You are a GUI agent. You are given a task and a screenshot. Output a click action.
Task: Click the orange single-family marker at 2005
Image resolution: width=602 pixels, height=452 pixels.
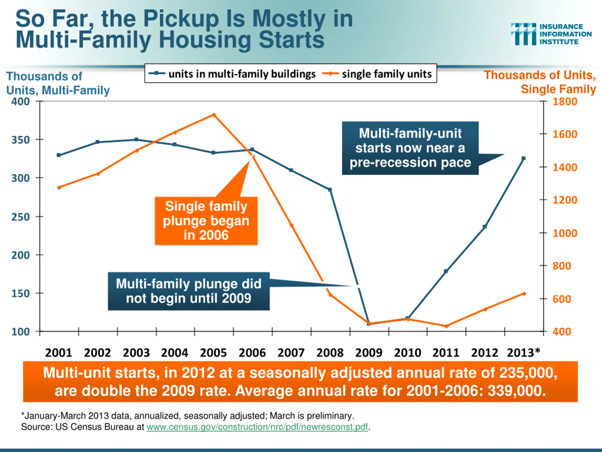click(x=214, y=115)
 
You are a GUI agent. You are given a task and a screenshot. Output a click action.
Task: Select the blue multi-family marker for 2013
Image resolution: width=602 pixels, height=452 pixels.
click(x=523, y=158)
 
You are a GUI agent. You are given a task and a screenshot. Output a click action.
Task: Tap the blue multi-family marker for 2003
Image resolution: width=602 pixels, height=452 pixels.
click(x=137, y=140)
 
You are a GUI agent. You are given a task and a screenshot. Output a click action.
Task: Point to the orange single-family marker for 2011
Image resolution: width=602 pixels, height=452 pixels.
click(x=446, y=326)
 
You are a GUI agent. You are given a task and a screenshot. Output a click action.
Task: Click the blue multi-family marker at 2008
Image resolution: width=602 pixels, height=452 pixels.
click(x=330, y=190)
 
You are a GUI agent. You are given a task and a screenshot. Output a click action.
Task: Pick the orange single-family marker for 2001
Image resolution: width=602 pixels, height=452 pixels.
click(x=59, y=187)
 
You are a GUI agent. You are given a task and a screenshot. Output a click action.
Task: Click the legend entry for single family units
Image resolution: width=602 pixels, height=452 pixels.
click(x=377, y=74)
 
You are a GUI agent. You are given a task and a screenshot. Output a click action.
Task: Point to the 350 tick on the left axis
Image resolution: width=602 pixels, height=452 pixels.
click(x=20, y=140)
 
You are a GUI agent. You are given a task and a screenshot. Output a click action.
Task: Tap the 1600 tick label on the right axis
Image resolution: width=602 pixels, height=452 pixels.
click(x=565, y=134)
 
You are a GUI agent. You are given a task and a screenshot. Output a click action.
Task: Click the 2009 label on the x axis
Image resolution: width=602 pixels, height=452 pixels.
click(x=368, y=353)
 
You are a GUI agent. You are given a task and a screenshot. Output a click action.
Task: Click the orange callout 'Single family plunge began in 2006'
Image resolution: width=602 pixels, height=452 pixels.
click(x=206, y=221)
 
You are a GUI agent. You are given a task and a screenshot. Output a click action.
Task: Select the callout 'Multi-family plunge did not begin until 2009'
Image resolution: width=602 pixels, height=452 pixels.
click(x=189, y=291)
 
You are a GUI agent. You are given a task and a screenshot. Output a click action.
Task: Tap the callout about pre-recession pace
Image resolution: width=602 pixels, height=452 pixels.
click(x=410, y=148)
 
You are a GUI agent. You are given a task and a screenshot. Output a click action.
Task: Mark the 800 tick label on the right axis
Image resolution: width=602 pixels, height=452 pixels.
click(x=562, y=266)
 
